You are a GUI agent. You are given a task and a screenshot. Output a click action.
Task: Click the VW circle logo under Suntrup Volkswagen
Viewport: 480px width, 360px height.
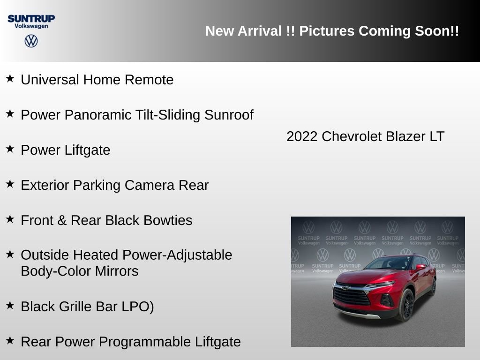pyautogui.click(x=31, y=41)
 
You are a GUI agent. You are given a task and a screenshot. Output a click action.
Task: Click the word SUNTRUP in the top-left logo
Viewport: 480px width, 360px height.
pyautogui.click(x=31, y=18)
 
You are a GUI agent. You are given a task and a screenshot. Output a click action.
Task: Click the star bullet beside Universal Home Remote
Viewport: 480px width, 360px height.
pyautogui.click(x=10, y=78)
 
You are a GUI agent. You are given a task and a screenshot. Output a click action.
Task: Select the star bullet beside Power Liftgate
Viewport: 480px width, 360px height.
pyautogui.click(x=10, y=149)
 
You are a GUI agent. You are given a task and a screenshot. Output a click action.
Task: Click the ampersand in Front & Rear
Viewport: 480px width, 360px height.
pyautogui.click(x=62, y=220)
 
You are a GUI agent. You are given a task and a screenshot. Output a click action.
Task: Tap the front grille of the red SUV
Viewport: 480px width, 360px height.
pyautogui.click(x=351, y=296)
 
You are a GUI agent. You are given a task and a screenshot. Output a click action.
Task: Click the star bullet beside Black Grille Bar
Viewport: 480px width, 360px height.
pyautogui.click(x=10, y=305)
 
